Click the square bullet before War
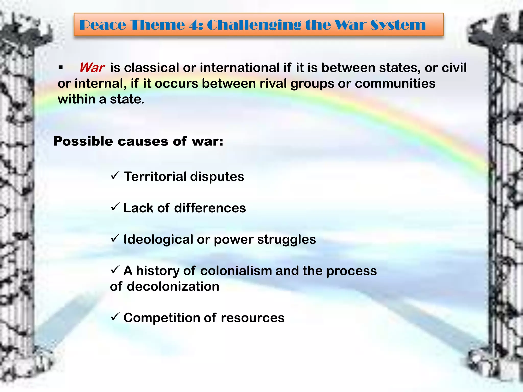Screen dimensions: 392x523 tap(61, 68)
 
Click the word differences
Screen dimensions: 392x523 tap(210, 208)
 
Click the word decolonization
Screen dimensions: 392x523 tap(173, 287)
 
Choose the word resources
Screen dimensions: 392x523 tap(252, 318)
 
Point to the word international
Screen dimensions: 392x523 tap(240, 68)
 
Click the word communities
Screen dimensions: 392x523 tap(395, 84)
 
